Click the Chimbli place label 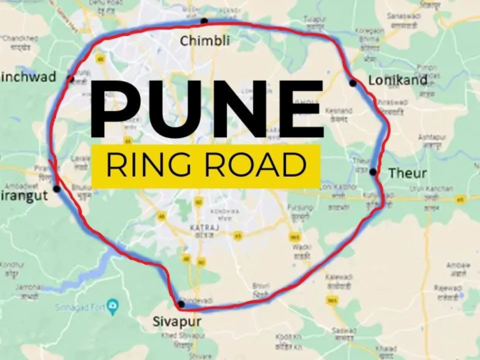[x=205, y=39]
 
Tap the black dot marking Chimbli [x=204, y=21]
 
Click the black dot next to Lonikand [x=353, y=82]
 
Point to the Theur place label [x=407, y=173]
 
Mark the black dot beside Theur [x=373, y=172]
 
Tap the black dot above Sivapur [x=181, y=304]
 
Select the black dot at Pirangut [x=56, y=188]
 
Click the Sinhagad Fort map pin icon [x=113, y=306]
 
